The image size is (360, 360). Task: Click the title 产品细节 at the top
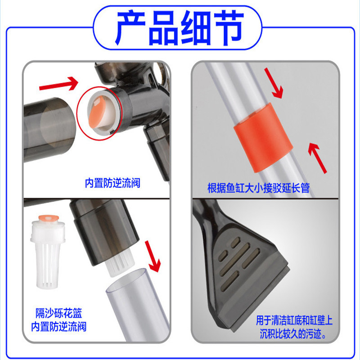click(180, 28)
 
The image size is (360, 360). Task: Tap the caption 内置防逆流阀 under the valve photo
click(112, 183)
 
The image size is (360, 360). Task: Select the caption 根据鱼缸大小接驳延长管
click(258, 188)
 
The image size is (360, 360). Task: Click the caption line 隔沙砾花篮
click(59, 313)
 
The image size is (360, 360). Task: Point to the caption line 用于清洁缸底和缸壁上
click(294, 320)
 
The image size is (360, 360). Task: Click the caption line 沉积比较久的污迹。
click(293, 334)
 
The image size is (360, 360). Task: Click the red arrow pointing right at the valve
click(59, 84)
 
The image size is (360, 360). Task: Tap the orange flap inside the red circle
click(97, 112)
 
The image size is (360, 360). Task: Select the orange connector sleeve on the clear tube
click(263, 138)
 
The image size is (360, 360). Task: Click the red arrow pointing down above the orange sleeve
click(274, 83)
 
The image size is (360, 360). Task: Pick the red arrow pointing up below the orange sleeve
click(318, 158)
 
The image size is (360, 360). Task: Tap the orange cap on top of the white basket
click(49, 218)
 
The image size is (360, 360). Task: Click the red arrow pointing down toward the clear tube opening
click(153, 256)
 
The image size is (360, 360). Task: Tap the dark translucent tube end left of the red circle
click(49, 130)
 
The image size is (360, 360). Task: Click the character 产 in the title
click(131, 28)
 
